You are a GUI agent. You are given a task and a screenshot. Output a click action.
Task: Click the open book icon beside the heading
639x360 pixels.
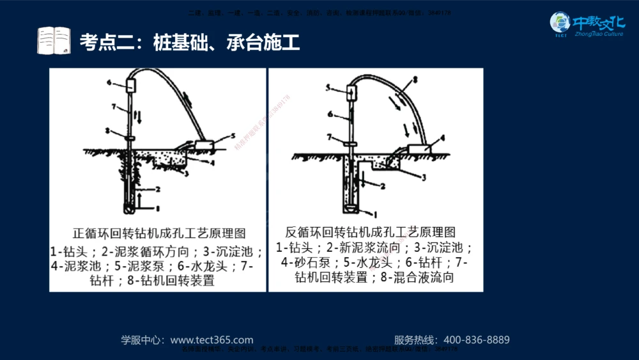click(54, 41)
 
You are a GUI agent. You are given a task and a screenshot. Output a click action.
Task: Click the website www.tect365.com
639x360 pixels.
click(212, 340)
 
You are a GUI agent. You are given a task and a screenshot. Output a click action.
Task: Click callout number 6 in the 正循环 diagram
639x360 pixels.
click(109, 83)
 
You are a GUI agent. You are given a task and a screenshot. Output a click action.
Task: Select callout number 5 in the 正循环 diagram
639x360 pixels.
click(233, 136)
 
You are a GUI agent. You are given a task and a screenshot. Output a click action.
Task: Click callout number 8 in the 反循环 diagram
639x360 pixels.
click(415, 79)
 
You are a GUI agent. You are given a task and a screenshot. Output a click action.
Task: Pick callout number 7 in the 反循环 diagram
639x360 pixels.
click(328, 137)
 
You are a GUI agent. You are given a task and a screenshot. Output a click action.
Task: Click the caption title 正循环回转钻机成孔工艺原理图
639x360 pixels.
click(159, 233)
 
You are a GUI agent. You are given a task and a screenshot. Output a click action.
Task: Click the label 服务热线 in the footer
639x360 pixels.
click(414, 340)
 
